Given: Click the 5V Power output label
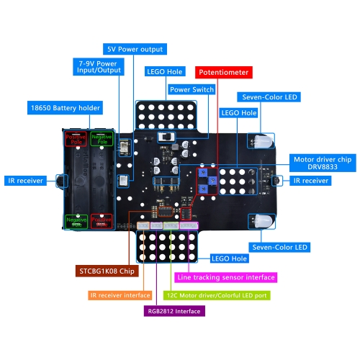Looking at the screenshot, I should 135,50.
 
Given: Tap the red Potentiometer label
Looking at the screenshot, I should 223,73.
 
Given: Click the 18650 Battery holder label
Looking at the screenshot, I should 66,108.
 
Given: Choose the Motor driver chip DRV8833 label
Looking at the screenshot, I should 321,164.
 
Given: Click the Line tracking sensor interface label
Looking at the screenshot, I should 226,276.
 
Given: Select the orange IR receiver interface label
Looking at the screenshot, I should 120,295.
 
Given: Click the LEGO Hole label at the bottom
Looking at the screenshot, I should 230,258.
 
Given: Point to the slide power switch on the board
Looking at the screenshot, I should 170,135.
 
